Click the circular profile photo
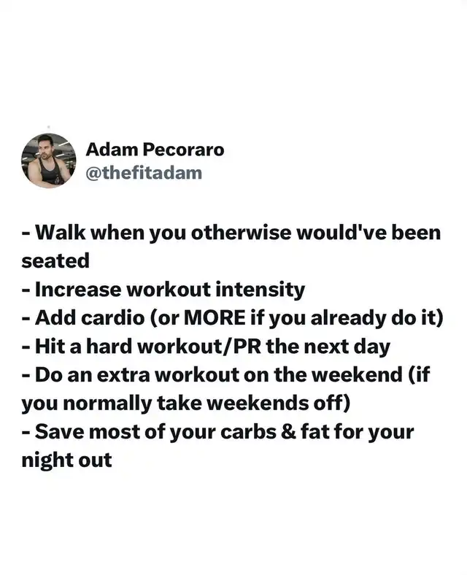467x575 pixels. (49, 161)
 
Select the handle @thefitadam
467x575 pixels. (144, 173)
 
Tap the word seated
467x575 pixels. (55, 261)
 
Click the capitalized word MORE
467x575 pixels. (215, 317)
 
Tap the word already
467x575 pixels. (348, 318)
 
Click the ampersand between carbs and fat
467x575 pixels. (288, 432)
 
